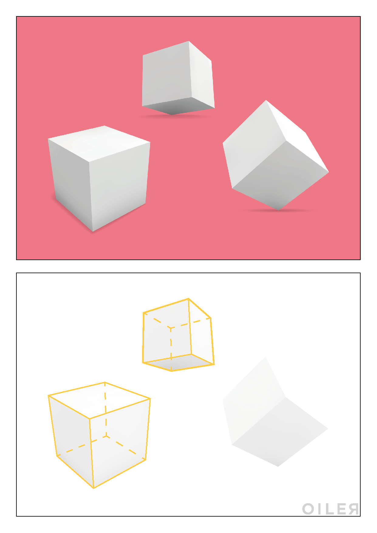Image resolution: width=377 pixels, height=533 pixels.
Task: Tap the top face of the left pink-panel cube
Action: point(99,143)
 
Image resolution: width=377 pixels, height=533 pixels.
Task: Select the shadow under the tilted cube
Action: point(278,210)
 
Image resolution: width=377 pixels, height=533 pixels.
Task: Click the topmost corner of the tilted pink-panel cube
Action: point(266,100)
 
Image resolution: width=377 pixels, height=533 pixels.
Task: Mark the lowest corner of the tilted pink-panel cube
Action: point(279,210)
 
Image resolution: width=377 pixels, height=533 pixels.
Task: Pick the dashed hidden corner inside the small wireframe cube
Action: point(171,328)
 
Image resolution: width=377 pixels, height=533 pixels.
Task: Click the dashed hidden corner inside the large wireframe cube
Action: point(106,436)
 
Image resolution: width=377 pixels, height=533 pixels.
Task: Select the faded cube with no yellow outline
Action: point(275,411)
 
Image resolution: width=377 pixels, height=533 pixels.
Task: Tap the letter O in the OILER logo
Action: point(308,509)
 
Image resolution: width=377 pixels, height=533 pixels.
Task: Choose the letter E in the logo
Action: point(342,509)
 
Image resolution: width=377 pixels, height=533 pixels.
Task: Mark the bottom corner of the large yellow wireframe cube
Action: point(94,488)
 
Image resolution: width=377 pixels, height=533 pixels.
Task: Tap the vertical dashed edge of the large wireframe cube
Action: point(105,409)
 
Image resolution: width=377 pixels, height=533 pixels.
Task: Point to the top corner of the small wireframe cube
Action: point(189,299)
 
